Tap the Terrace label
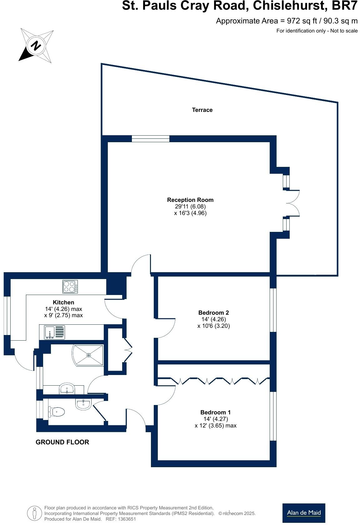point(202,110)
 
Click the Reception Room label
point(190,200)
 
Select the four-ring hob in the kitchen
point(70,287)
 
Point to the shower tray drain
point(89,355)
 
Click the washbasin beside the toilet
point(83,404)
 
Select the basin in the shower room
point(67,389)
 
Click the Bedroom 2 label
point(214,313)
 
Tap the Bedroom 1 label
point(216,412)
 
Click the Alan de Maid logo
point(304,513)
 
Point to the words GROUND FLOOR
point(62,442)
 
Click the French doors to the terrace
point(292,203)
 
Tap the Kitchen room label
point(63,302)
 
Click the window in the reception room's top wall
point(151,139)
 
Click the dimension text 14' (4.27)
point(216,419)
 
